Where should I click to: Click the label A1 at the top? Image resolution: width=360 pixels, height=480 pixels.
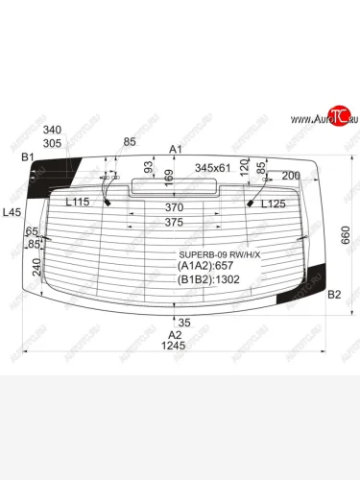(x=175, y=150)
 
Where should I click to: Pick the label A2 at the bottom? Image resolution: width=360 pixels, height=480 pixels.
(x=175, y=334)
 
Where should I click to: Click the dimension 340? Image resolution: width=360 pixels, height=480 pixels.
(x=53, y=130)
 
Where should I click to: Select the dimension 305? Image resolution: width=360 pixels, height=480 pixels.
(x=53, y=142)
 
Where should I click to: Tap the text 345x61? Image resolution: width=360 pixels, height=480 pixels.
(x=214, y=167)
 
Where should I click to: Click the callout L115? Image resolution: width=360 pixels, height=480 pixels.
(x=77, y=203)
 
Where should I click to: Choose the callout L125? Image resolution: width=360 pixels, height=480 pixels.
(x=274, y=203)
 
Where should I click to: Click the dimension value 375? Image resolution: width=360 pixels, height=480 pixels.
(x=174, y=222)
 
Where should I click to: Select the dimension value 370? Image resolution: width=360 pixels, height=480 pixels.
(x=174, y=206)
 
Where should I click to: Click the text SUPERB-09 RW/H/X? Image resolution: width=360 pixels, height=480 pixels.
(x=216, y=255)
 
